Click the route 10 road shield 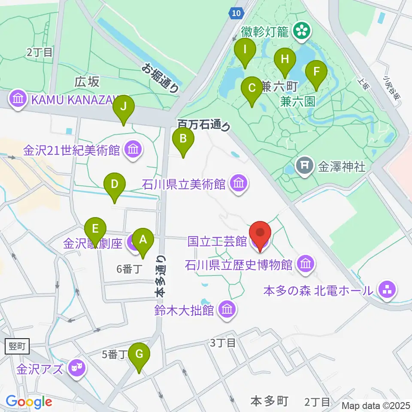[x=235, y=14]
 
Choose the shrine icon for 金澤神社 [x=305, y=166]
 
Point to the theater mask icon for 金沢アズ [x=77, y=367]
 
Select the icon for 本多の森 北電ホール [x=387, y=291]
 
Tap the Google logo [x=29, y=402]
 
